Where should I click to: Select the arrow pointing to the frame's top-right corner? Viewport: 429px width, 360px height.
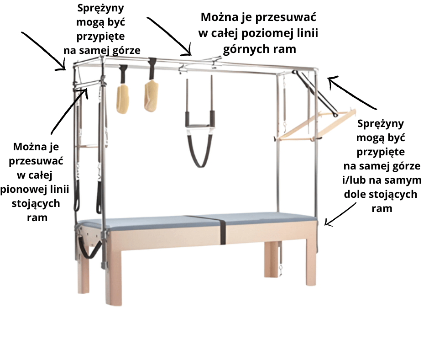pos(351,93)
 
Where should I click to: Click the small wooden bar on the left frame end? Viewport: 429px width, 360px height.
pos(89,146)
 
